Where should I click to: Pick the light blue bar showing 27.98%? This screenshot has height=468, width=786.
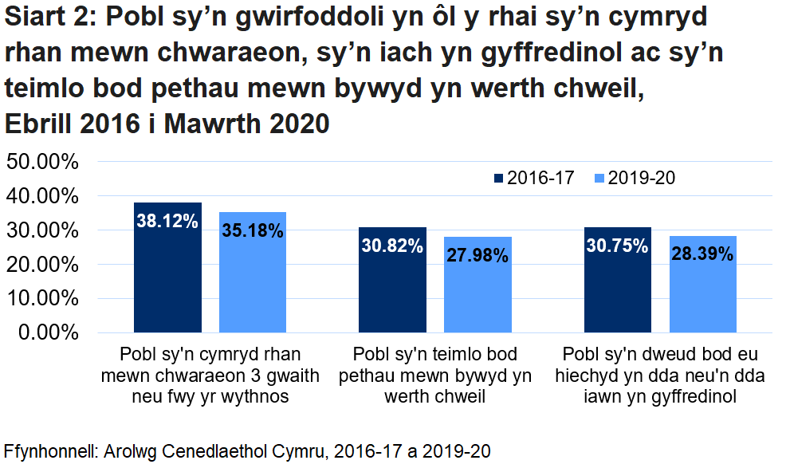click(x=477, y=284)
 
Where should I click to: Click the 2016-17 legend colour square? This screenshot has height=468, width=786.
click(x=499, y=178)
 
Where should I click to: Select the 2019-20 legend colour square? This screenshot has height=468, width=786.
click(x=599, y=178)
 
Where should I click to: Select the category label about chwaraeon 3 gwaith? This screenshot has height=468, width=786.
click(x=210, y=375)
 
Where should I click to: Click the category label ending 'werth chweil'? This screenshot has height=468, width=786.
click(x=435, y=375)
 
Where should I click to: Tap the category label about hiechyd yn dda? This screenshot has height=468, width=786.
click(x=660, y=375)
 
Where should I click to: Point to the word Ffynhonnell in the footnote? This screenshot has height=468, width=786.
click(x=49, y=450)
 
